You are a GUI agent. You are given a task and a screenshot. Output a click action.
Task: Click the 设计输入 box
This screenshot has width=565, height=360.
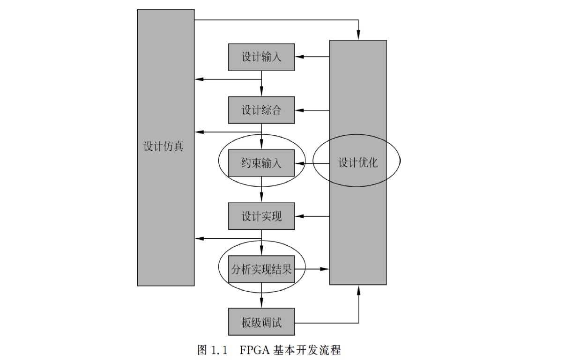(x=261, y=57)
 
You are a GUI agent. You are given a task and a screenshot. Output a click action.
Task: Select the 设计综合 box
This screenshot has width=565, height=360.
(x=261, y=110)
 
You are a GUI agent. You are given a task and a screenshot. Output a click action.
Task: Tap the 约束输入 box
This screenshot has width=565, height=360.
(x=261, y=163)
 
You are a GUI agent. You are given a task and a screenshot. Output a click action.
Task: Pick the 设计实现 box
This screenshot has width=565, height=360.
(x=261, y=216)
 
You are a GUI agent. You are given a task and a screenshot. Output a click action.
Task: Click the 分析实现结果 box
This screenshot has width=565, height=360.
(x=261, y=269)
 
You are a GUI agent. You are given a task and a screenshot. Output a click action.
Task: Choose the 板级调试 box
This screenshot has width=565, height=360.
(x=261, y=322)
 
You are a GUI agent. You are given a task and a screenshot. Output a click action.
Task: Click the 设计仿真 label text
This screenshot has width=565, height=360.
(x=163, y=147)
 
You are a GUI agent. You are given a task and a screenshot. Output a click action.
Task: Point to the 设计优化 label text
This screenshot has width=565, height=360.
(x=358, y=163)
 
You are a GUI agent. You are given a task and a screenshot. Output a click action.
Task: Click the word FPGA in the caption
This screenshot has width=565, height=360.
(x=253, y=350)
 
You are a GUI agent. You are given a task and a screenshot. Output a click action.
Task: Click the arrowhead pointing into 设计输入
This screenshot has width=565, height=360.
(x=298, y=57)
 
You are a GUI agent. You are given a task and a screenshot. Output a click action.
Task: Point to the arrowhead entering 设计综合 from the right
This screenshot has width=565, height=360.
(x=298, y=110)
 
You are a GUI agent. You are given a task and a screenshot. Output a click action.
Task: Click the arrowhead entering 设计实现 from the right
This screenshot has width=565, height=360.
(x=298, y=216)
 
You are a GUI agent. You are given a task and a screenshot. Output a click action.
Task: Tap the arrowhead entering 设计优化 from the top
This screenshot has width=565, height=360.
(x=359, y=37)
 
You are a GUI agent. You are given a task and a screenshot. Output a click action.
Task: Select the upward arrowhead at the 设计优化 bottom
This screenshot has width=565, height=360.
(x=359, y=289)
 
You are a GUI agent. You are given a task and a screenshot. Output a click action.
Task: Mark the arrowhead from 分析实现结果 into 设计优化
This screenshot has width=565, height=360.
(x=326, y=269)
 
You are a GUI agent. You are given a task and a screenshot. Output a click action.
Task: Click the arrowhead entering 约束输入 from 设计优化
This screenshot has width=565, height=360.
(x=298, y=163)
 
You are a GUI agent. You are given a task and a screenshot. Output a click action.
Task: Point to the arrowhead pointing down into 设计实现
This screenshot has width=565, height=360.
(x=261, y=199)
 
